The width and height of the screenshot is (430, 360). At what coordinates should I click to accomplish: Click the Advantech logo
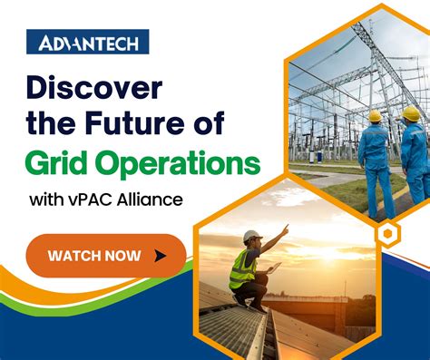pos(87,42)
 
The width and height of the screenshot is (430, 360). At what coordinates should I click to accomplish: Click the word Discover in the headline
pos(93,89)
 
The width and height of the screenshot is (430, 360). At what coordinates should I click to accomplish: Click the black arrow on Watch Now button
pos(161,256)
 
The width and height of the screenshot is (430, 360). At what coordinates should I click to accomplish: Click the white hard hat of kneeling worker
pos(252,236)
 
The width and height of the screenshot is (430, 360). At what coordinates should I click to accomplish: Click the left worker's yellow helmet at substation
pos(375,116)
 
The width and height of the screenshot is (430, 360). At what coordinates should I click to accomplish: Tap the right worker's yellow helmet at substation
pos(411,113)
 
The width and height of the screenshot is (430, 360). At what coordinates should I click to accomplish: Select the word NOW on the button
pos(127,256)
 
